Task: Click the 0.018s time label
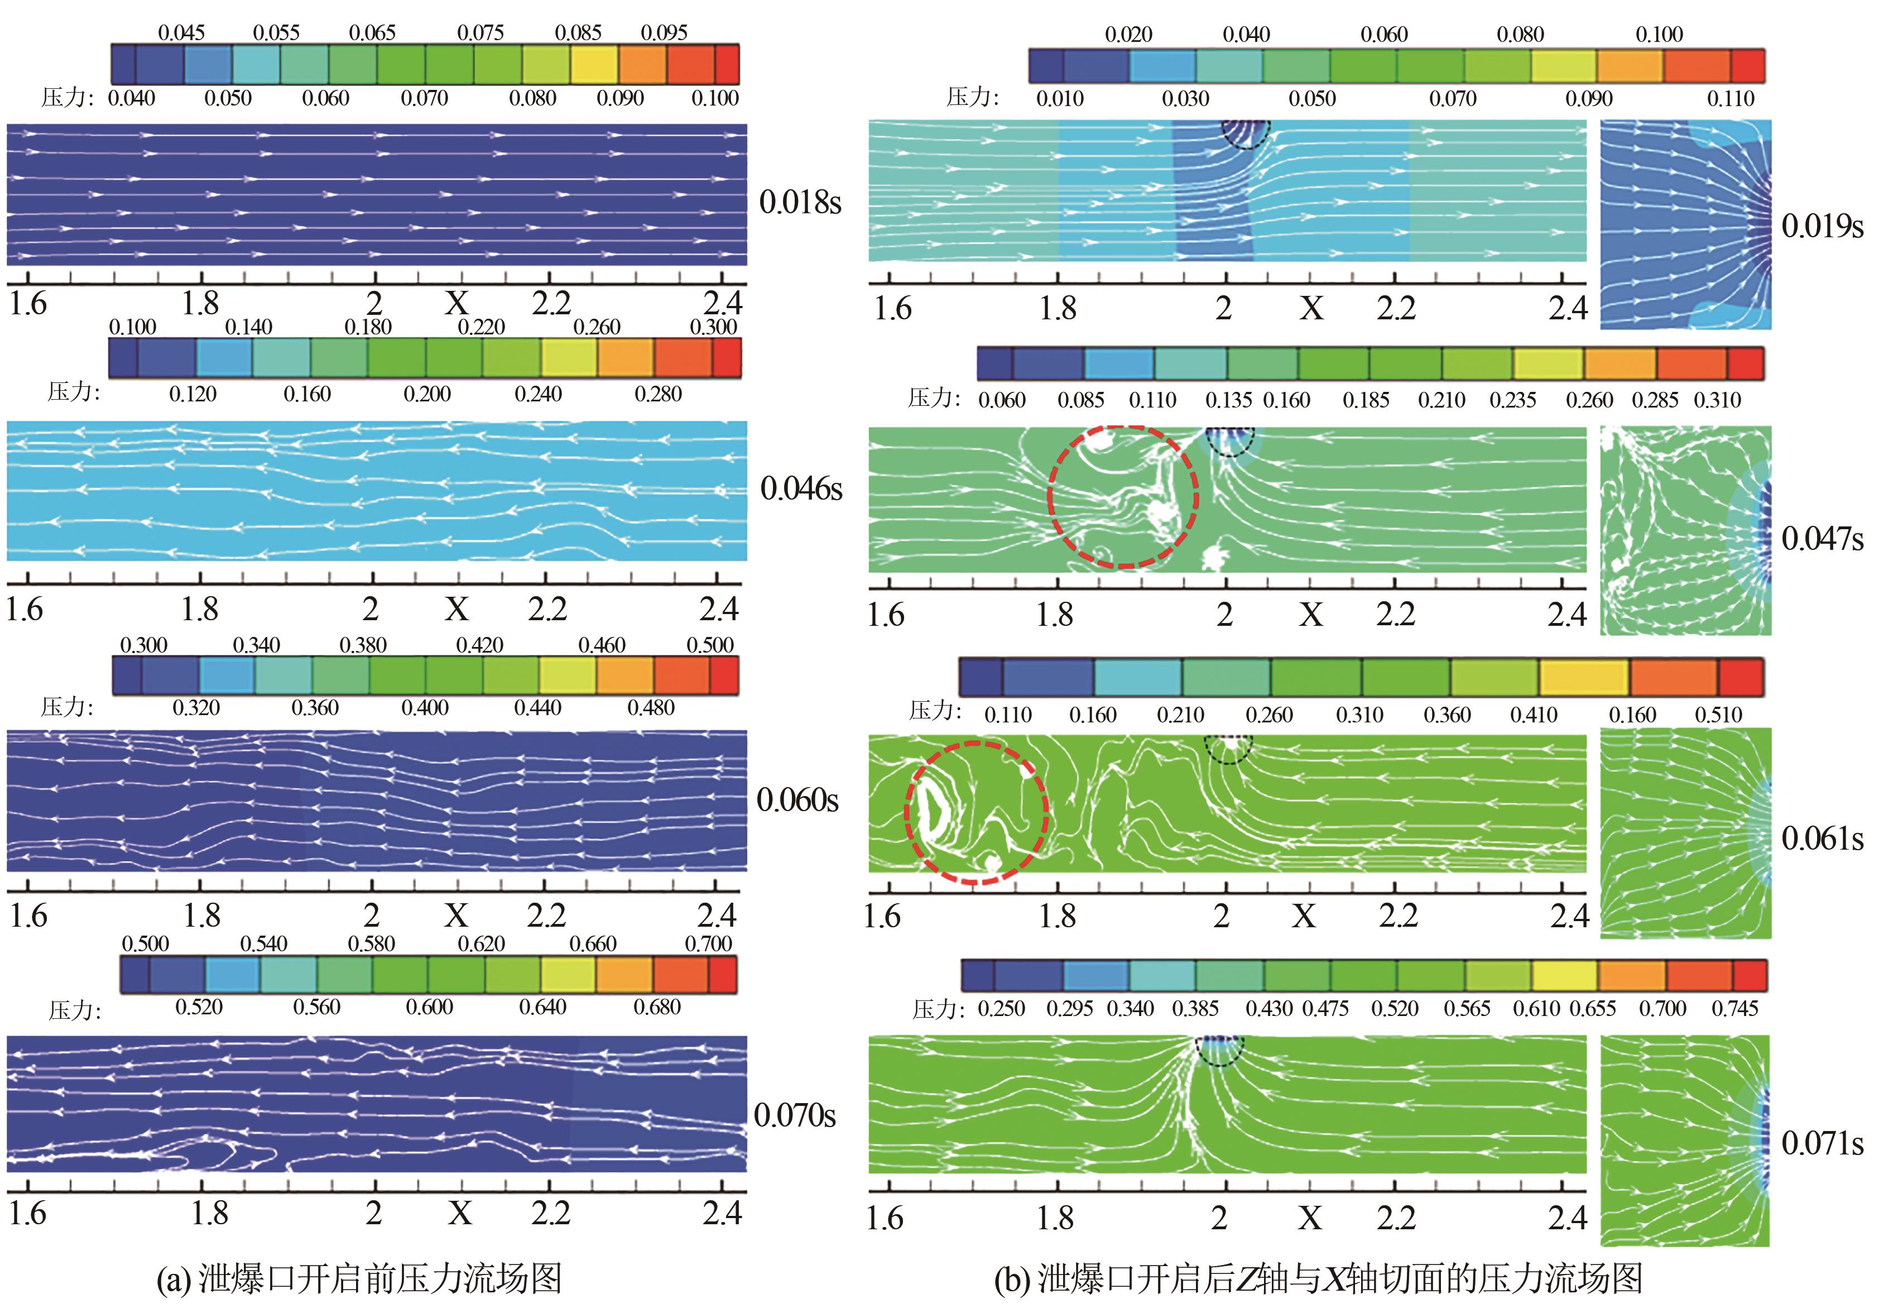point(799,203)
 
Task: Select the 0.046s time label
point(801,488)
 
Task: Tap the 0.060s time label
point(797,799)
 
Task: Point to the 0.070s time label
point(795,1115)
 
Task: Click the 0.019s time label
point(1822,226)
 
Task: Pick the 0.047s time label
point(1822,539)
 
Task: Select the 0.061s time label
point(1822,839)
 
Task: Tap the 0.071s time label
point(1822,1143)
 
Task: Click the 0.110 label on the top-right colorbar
point(1731,99)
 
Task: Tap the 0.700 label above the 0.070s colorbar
point(708,943)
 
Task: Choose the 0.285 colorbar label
point(1655,401)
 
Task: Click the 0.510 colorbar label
point(1718,715)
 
